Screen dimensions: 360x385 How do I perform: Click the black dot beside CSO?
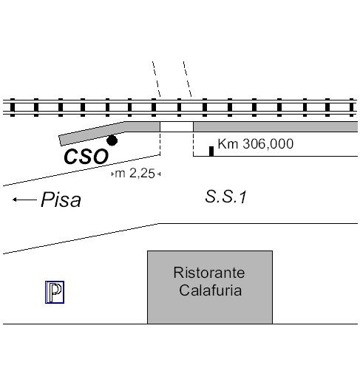click(x=112, y=140)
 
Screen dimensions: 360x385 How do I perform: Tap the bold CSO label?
click(x=86, y=157)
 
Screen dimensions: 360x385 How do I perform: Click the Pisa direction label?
click(x=61, y=200)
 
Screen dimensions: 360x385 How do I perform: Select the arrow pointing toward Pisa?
click(x=24, y=200)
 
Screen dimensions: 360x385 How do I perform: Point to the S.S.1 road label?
click(x=225, y=197)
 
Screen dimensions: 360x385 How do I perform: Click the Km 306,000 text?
click(x=256, y=144)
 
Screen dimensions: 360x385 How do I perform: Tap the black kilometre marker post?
click(x=211, y=151)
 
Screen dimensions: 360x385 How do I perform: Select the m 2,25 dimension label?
click(x=135, y=174)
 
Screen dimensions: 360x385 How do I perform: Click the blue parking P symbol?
click(x=55, y=292)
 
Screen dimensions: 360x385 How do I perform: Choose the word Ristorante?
click(x=209, y=273)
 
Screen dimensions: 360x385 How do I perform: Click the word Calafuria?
click(x=210, y=290)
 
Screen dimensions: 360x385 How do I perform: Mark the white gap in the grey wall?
click(x=177, y=126)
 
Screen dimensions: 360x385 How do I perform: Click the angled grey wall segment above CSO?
click(x=92, y=133)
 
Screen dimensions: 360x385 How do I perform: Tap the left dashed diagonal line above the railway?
click(x=157, y=79)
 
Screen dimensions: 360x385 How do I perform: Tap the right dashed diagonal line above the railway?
click(x=188, y=79)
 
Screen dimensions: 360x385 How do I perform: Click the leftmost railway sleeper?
click(x=13, y=107)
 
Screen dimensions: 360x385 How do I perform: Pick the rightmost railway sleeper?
click(x=352, y=107)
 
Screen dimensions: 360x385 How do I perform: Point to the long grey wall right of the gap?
click(x=276, y=126)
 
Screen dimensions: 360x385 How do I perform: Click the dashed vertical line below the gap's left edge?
click(x=160, y=143)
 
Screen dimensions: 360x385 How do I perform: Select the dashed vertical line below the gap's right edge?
click(x=193, y=144)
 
